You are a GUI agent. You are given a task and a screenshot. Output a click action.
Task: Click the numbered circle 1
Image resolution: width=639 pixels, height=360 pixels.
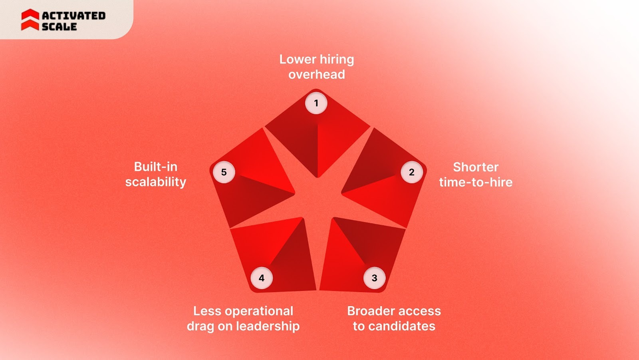(316, 103)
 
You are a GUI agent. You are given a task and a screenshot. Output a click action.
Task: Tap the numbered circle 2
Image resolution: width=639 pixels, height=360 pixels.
(412, 172)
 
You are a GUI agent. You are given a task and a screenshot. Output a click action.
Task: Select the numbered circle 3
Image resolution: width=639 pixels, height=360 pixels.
(374, 278)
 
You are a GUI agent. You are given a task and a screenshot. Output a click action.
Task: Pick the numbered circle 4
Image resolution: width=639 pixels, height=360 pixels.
(262, 278)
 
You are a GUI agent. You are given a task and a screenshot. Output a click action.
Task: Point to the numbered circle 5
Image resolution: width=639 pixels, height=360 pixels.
(224, 172)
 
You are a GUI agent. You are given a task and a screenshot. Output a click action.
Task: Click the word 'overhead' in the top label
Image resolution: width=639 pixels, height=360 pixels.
(317, 74)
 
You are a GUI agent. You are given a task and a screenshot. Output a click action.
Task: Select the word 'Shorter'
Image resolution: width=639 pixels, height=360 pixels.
(476, 167)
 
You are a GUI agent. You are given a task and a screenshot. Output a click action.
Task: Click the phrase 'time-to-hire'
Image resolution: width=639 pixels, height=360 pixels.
(476, 182)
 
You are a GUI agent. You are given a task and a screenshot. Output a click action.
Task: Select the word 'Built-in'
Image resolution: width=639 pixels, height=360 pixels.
(156, 167)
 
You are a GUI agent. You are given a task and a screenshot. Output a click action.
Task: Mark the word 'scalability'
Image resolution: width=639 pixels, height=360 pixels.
(156, 182)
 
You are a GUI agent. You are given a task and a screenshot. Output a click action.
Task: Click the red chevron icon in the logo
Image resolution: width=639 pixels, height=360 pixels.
(30, 20)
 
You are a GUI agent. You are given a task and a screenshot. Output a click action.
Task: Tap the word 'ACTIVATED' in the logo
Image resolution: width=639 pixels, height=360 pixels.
(74, 16)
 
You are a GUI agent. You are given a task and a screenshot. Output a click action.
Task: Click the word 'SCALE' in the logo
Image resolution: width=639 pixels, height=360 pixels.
(59, 27)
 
